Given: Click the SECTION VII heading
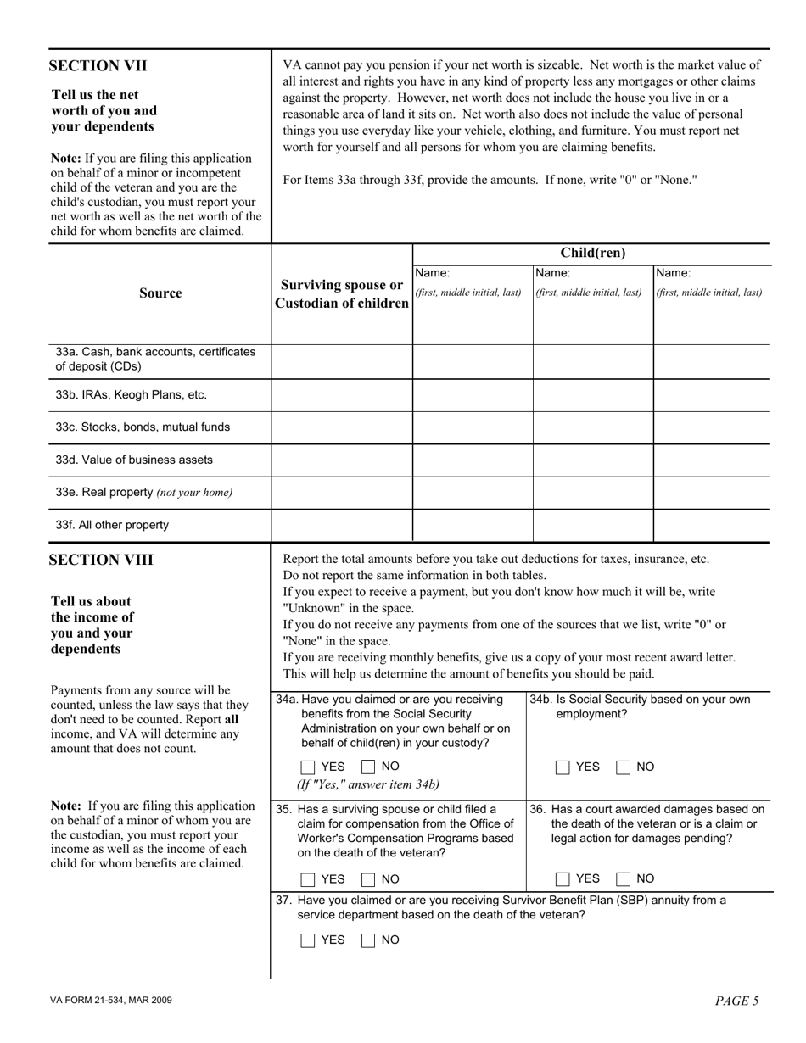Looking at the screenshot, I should (98, 66).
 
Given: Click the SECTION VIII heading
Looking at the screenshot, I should (102, 561).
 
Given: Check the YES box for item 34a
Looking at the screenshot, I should (309, 767).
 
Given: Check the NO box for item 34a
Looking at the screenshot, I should (369, 767).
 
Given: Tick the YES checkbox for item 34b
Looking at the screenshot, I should (563, 767).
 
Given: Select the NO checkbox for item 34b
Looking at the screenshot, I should (624, 767).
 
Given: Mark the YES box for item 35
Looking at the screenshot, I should (309, 879).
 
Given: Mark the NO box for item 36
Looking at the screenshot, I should (624, 879).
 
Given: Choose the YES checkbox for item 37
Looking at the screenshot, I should (309, 940).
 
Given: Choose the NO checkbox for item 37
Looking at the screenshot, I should (369, 940).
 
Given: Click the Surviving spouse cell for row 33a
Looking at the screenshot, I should (342, 361).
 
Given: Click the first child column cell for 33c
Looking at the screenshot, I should (473, 427).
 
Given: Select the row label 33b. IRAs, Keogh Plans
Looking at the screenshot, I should (132, 395).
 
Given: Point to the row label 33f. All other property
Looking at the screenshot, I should (112, 525).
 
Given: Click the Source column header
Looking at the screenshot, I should (160, 293).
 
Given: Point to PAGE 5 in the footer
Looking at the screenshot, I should (736, 1001).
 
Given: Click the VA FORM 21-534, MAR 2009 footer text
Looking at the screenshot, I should (111, 1001).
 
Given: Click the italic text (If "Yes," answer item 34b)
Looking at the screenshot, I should (368, 784).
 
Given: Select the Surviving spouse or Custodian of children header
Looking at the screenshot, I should (342, 294).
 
